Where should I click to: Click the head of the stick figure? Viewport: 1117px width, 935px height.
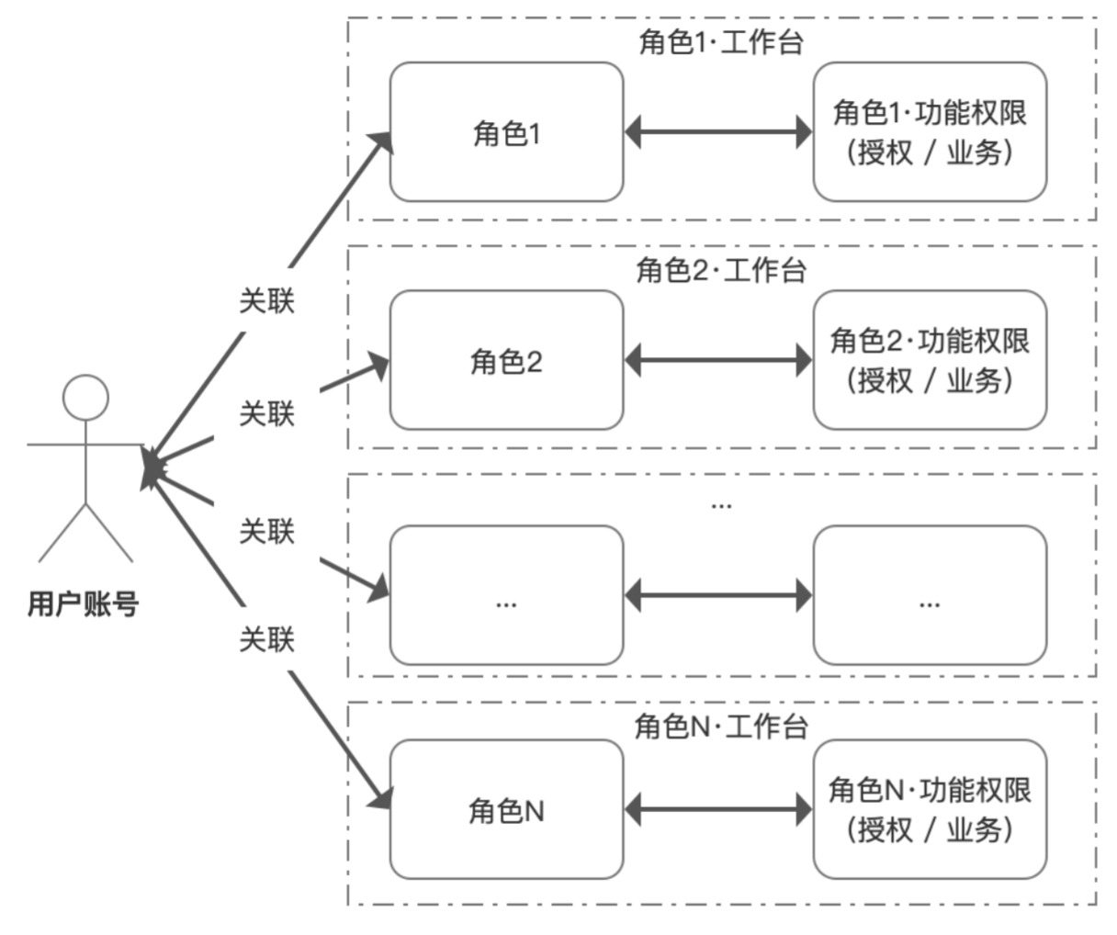point(85,398)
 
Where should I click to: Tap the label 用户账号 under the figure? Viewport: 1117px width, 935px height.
point(83,604)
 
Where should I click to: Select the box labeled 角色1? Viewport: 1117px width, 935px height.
point(506,132)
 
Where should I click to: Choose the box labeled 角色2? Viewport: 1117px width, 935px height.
point(506,360)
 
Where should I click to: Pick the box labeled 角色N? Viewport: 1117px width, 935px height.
point(506,809)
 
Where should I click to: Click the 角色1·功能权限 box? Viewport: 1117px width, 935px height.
point(930,132)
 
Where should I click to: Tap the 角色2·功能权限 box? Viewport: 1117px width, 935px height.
point(930,360)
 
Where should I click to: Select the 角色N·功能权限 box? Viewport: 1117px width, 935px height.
point(930,809)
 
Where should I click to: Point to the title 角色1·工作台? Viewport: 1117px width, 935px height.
point(721,42)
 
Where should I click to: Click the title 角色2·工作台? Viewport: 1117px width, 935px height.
point(721,270)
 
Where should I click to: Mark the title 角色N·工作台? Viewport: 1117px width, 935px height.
point(721,727)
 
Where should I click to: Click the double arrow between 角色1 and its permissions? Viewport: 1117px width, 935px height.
point(718,132)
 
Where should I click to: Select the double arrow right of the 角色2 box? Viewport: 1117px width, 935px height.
point(718,360)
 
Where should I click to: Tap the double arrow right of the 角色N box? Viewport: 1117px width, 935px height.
point(718,809)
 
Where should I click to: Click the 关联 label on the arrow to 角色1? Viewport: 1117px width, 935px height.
point(266,300)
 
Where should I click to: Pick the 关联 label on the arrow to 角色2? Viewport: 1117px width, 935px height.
point(266,413)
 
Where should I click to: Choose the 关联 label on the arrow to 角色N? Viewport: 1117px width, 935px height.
point(266,638)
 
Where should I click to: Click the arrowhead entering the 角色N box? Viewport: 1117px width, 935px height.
point(380,797)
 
